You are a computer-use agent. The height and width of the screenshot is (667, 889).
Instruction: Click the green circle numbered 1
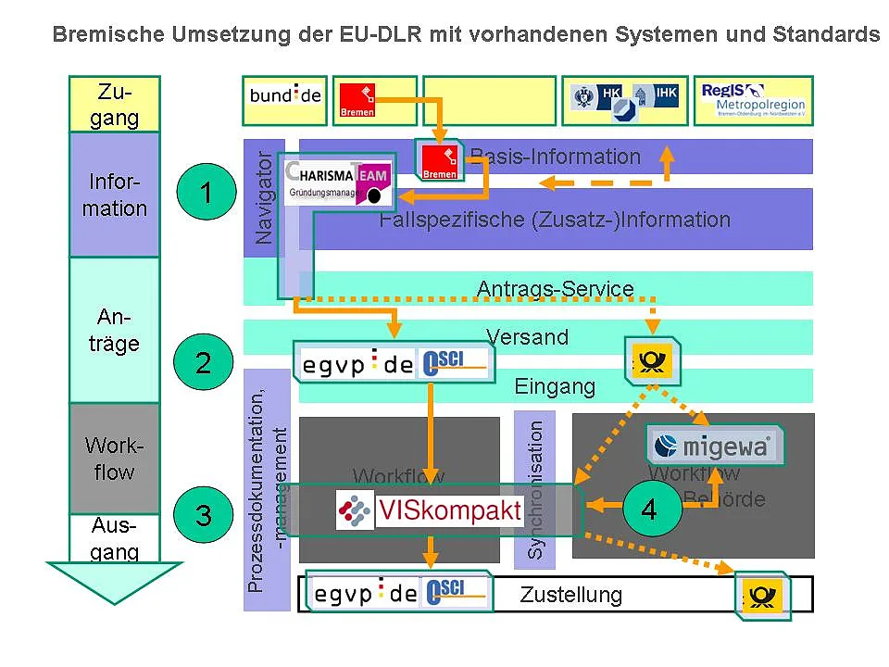click(x=206, y=193)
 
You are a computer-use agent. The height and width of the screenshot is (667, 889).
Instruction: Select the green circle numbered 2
click(x=204, y=362)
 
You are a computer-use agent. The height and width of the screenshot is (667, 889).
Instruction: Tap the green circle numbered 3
click(x=204, y=514)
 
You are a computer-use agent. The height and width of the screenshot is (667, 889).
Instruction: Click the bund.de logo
click(x=285, y=97)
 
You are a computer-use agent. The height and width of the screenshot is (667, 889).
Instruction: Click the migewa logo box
click(x=714, y=447)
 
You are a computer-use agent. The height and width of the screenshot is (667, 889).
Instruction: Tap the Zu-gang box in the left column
click(x=115, y=105)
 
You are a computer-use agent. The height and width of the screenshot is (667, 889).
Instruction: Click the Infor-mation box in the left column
click(x=115, y=194)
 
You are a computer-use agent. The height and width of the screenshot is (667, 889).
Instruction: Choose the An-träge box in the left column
click(x=115, y=330)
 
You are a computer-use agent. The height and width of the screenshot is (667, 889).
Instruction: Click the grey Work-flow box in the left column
click(x=115, y=459)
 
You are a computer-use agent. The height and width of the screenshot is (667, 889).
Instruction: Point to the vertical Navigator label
click(x=264, y=197)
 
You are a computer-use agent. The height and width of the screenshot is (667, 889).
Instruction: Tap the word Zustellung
click(x=570, y=595)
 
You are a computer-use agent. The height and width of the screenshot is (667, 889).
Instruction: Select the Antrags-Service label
click(x=555, y=289)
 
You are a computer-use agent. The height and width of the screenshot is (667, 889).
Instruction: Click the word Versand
click(x=528, y=337)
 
